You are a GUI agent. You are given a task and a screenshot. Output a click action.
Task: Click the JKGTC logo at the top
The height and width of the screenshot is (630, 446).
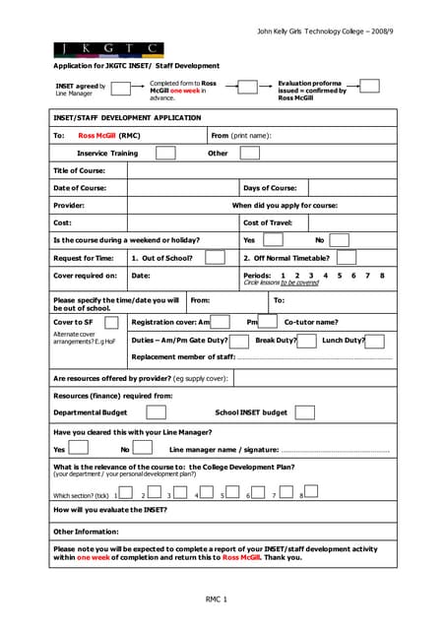click(108, 48)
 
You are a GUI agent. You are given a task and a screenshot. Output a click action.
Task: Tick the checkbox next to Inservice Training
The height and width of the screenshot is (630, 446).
click(165, 153)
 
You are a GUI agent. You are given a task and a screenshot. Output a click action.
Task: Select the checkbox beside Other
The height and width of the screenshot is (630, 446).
click(250, 153)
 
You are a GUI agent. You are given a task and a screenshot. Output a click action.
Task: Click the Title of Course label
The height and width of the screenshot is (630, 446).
click(79, 170)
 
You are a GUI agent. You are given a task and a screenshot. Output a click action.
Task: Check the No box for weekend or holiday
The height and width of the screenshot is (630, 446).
click(338, 240)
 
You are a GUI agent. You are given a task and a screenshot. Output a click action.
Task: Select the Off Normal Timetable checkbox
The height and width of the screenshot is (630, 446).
click(348, 258)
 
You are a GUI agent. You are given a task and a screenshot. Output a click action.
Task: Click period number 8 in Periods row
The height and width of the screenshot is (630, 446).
click(382, 275)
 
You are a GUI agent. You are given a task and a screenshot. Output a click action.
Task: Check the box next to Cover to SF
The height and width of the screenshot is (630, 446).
click(111, 322)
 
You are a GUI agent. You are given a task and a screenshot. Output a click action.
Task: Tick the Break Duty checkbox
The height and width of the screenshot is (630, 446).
click(306, 340)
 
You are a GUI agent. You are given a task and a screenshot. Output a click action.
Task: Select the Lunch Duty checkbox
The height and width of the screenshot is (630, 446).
click(374, 340)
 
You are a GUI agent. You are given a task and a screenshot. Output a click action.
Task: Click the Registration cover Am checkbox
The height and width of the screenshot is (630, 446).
click(221, 322)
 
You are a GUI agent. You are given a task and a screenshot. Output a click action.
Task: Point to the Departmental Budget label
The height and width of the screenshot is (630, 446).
click(90, 412)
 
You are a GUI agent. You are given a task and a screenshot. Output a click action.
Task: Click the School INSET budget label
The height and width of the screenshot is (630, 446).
click(251, 412)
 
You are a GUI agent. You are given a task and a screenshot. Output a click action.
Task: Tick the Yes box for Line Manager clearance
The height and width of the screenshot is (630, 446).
click(79, 448)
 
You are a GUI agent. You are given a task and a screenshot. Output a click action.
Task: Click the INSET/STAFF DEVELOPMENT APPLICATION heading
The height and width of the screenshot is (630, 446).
click(126, 117)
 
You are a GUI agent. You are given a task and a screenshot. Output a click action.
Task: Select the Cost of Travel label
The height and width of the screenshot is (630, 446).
click(268, 223)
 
